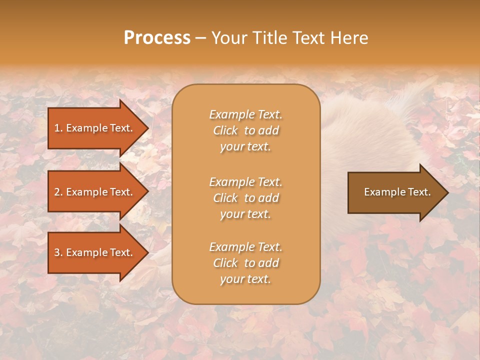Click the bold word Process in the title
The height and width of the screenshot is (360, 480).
point(157,38)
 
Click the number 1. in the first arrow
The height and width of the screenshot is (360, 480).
point(58,128)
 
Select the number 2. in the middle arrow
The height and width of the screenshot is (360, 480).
point(58,192)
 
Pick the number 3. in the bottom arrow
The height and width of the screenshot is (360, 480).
point(58,252)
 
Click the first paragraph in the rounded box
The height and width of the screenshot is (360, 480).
point(245,130)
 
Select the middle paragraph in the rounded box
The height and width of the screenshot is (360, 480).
point(245,197)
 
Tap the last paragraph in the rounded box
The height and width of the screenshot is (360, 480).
point(245,263)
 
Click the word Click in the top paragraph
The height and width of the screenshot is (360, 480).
point(225,130)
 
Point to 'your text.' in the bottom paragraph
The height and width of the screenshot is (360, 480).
point(245,279)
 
